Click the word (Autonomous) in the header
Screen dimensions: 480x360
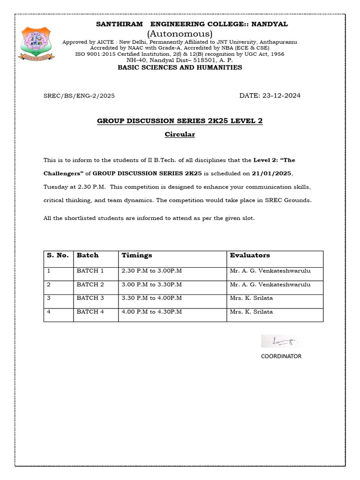tap(180, 34)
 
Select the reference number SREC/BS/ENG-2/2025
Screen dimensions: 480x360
tap(79, 96)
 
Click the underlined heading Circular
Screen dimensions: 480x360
tap(180, 135)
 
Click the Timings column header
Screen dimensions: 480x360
tap(137, 255)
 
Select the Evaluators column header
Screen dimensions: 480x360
tap(250, 255)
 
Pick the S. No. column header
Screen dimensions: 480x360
tap(58, 255)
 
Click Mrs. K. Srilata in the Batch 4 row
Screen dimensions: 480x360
tap(251, 312)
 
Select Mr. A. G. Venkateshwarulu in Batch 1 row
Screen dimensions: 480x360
tap(270, 271)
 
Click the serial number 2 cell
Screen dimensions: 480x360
tap(49, 285)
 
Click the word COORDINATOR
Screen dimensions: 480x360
tap(281, 356)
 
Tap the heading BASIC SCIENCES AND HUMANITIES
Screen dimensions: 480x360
tap(180, 67)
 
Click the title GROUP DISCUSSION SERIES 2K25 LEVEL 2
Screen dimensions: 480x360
tap(180, 121)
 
